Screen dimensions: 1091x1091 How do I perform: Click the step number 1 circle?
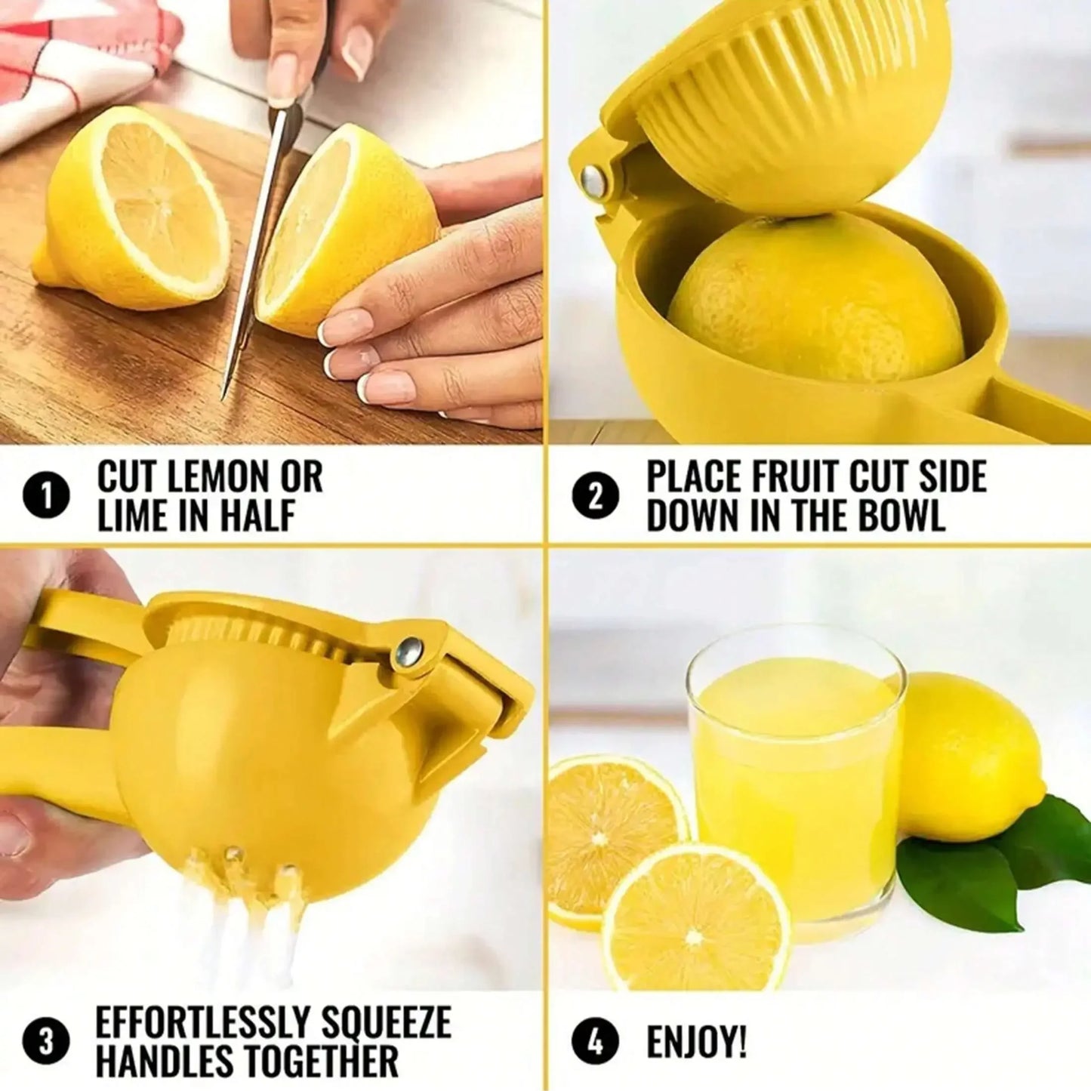click(x=47, y=498)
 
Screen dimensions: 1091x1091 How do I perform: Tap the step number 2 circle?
click(x=595, y=498)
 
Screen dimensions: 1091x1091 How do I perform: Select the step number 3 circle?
click(x=47, y=1042)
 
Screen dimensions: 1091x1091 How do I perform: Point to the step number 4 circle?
click(x=595, y=1042)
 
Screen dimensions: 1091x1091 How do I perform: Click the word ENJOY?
click(x=696, y=1043)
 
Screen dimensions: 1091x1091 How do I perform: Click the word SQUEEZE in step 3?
click(x=387, y=1023)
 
